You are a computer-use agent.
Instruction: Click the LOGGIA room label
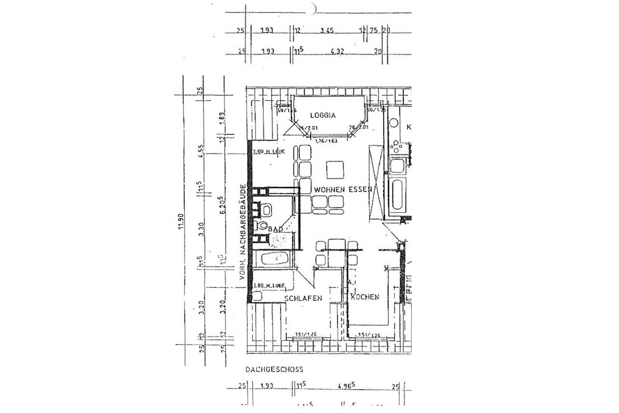(x=323, y=116)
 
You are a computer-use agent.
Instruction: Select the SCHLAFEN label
(x=303, y=298)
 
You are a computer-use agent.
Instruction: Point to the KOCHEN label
(x=365, y=297)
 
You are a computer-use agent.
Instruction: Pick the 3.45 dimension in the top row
(x=327, y=30)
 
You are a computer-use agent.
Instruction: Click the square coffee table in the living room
(x=336, y=169)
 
